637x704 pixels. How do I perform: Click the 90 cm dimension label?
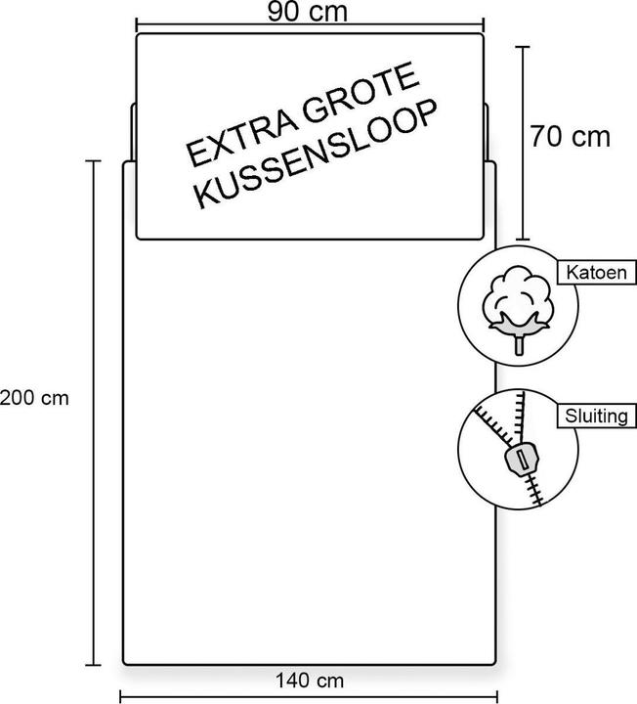(308, 12)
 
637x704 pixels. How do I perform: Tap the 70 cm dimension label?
(571, 137)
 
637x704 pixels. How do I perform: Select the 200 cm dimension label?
(34, 398)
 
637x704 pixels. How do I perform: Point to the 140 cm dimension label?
(310, 681)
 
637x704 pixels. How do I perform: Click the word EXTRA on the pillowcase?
(241, 134)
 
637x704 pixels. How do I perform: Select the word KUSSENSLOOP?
(317, 154)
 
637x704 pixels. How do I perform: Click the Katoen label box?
(597, 273)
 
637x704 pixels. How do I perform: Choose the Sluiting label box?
(597, 417)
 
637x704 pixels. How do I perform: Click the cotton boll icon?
(518, 308)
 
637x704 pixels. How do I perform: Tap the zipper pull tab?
(522, 460)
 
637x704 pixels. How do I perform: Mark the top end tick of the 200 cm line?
(94, 160)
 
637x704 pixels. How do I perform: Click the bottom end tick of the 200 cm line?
(94, 665)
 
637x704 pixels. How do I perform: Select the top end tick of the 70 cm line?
(522, 46)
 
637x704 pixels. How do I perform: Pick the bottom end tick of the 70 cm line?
(522, 240)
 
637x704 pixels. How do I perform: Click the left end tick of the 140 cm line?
(121, 697)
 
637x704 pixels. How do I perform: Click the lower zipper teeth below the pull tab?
(535, 490)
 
